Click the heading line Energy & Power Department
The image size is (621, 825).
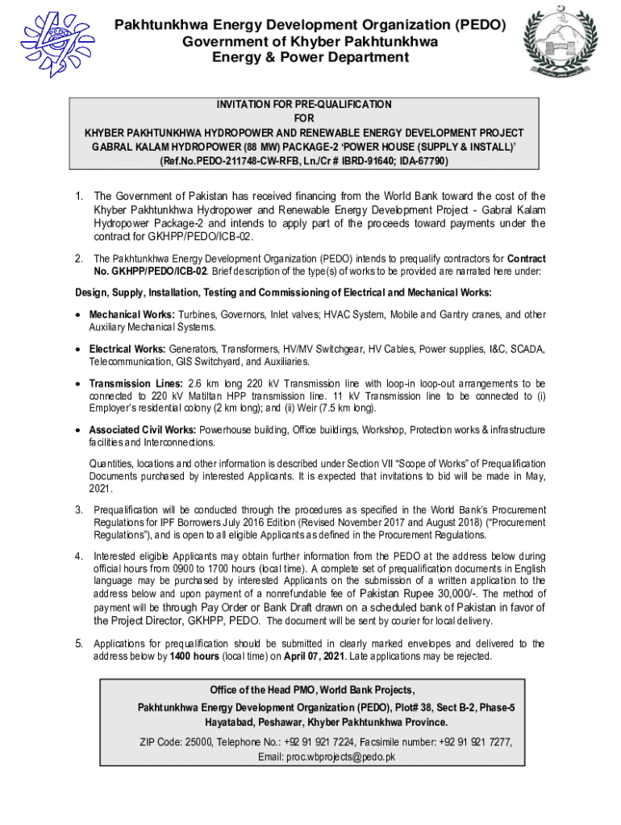point(310,57)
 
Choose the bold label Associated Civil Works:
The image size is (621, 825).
point(142,429)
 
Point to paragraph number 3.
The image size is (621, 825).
point(79,509)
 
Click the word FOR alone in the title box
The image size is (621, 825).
point(310,118)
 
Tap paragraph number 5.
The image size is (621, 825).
point(79,644)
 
